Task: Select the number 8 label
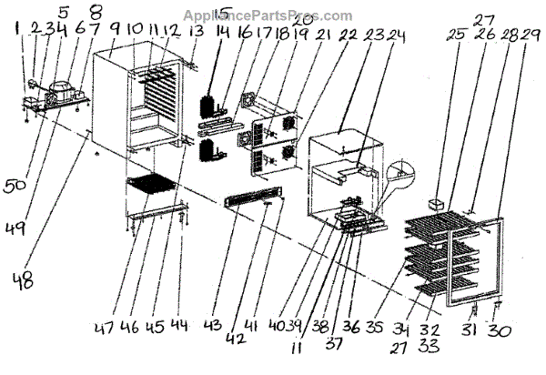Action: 96,15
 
